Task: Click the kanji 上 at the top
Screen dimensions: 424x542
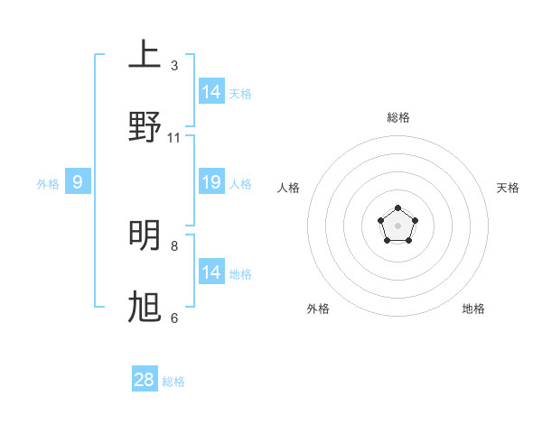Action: [145, 55]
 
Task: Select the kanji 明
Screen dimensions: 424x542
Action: [145, 235]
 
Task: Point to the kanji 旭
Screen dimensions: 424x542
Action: [145, 308]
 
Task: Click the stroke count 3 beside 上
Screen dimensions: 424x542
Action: [174, 66]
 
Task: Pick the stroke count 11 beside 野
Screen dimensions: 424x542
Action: [174, 138]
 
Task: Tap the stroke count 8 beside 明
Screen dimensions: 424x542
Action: [174, 245]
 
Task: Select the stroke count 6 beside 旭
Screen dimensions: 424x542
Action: [174, 318]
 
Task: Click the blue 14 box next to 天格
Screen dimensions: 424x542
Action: [211, 92]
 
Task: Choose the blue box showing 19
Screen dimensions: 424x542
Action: [211, 183]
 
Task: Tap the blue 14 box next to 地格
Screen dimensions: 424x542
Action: [211, 272]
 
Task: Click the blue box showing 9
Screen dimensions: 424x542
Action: [78, 183]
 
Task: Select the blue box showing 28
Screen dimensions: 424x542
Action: [145, 380]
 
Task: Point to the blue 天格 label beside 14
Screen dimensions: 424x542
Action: [240, 93]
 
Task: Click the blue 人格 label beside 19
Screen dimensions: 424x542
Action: [240, 184]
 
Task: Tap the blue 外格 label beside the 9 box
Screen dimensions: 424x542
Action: [48, 184]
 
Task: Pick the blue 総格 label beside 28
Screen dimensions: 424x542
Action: [173, 381]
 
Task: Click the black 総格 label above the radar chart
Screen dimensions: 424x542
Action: [397, 117]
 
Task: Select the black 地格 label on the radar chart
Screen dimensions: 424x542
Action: [473, 309]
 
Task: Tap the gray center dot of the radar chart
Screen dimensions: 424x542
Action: [397, 225]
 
